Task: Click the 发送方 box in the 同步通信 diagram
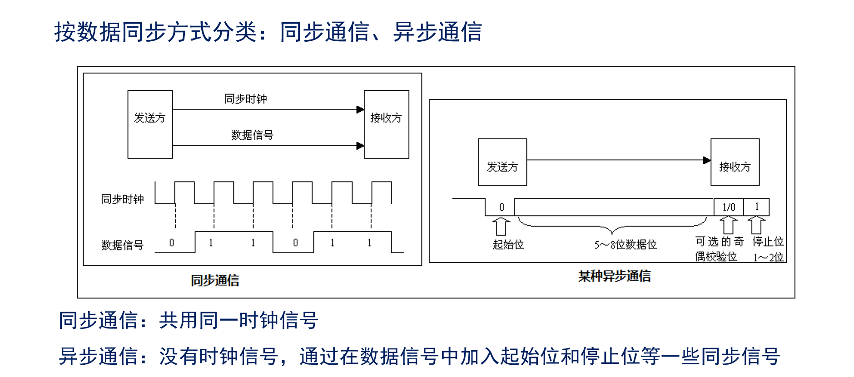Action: coord(150,124)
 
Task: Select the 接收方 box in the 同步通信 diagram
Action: coord(386,124)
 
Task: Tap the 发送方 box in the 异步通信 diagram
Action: coord(502,162)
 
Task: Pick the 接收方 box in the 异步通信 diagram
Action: coord(735,162)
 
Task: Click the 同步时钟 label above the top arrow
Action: coord(245,98)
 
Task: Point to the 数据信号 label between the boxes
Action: coord(252,135)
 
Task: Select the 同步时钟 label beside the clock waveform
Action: coord(122,199)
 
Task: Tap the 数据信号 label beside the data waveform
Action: coord(122,245)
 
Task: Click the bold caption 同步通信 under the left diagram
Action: coord(215,280)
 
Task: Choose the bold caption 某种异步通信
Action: coord(614,276)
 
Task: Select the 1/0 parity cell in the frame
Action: coord(729,207)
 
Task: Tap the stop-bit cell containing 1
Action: coord(756,207)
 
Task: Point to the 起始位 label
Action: coord(508,245)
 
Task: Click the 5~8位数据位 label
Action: coord(626,245)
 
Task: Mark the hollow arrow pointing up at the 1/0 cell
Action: coord(729,225)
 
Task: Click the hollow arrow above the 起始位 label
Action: coord(501,226)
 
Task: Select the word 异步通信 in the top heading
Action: coord(437,32)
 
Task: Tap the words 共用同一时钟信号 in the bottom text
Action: coord(238,320)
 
